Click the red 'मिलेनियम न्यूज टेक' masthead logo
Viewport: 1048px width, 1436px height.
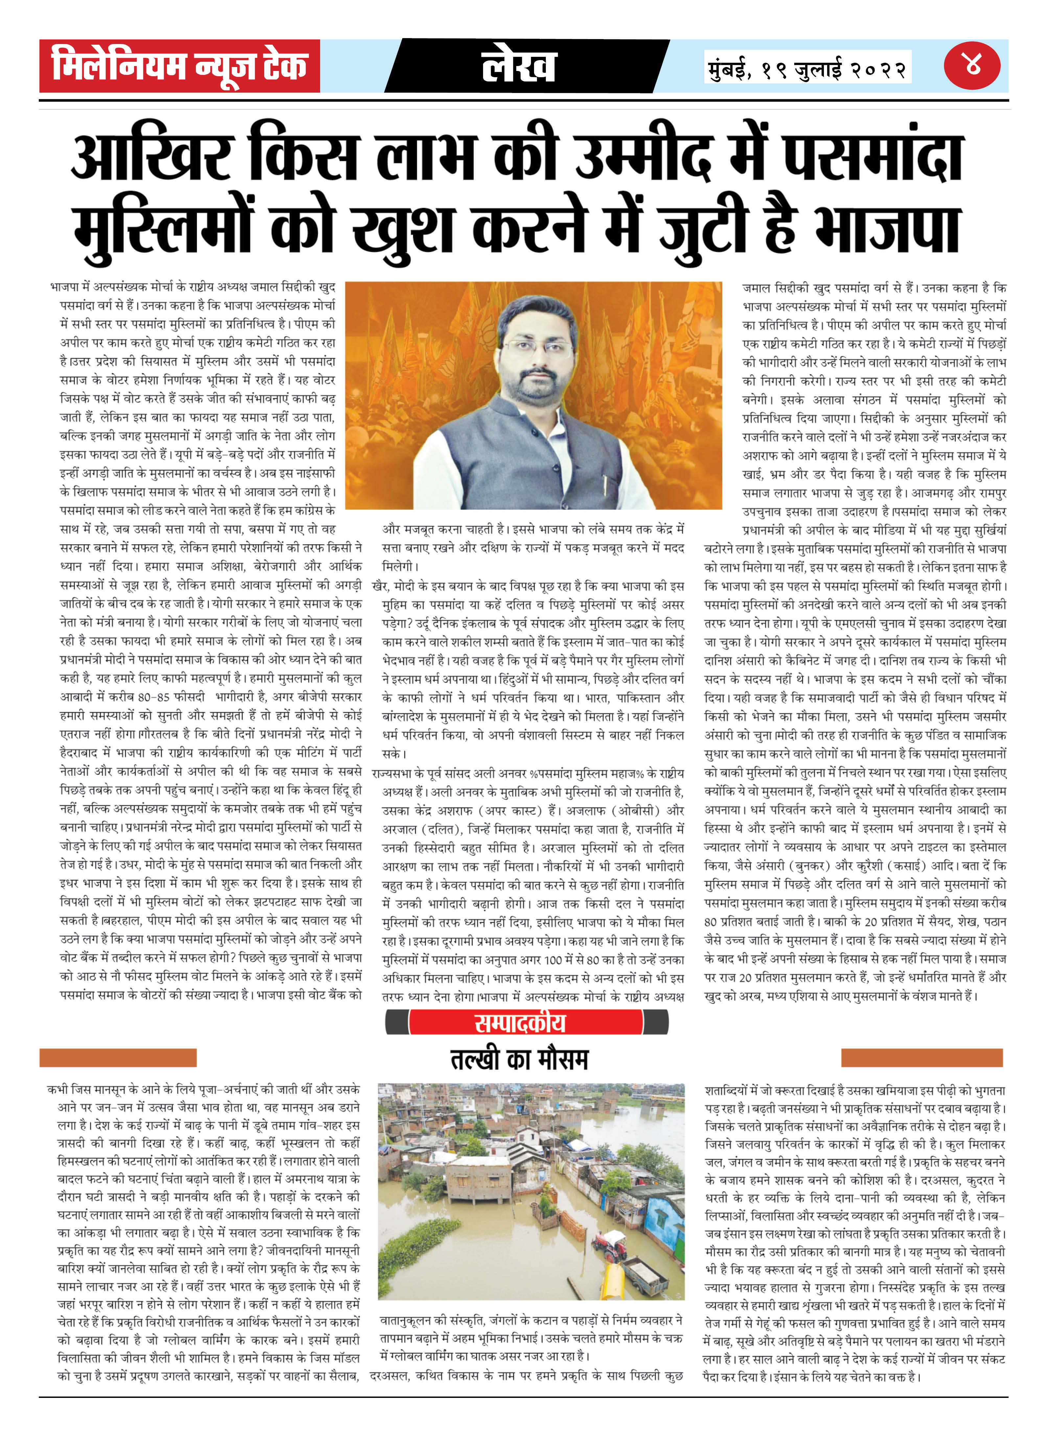179,66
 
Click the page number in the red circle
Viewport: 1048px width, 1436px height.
972,65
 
